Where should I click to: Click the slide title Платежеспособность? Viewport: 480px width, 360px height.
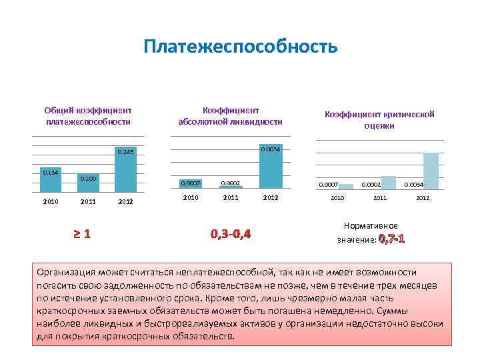coord(240,47)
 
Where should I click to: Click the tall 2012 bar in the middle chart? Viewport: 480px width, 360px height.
coord(271,170)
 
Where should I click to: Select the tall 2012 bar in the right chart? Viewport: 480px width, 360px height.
coord(431,171)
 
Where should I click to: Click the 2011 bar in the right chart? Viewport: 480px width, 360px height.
coord(388,183)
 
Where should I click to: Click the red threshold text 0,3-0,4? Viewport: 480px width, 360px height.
coord(231,234)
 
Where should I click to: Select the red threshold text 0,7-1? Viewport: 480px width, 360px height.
coord(391,239)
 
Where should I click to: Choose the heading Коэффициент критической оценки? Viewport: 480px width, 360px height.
coord(379,120)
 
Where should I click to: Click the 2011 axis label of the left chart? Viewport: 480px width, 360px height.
coord(88,201)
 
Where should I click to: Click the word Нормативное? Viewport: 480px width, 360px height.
coord(371,226)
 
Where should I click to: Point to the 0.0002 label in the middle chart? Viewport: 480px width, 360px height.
coord(231,183)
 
